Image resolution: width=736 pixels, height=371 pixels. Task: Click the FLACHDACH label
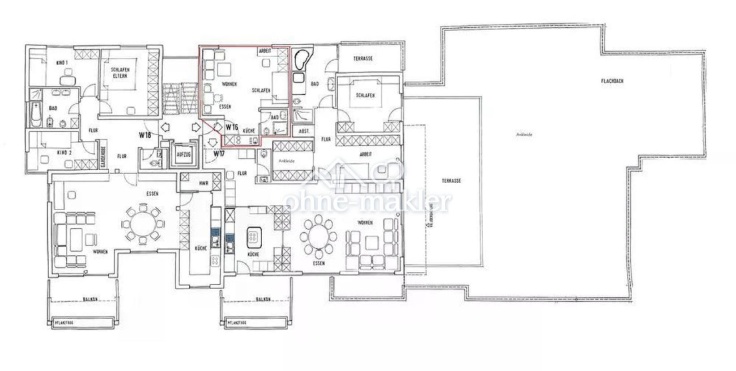(x=612, y=81)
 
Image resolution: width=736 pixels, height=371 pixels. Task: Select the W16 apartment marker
(x=231, y=127)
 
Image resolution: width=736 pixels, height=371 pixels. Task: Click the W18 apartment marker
(x=145, y=135)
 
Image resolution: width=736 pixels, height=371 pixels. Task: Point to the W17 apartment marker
(x=218, y=154)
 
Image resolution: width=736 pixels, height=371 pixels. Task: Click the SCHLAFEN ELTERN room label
(x=119, y=73)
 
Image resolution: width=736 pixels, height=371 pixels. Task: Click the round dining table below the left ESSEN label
(x=142, y=223)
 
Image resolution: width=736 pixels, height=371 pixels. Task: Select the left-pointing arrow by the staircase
(x=165, y=127)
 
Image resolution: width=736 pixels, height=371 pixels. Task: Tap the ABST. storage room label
(x=303, y=131)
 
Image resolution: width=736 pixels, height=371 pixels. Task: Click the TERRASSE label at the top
(x=363, y=59)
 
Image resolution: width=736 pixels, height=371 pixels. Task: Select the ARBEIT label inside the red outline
(x=265, y=52)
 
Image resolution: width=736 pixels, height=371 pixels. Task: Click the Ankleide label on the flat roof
(x=524, y=134)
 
